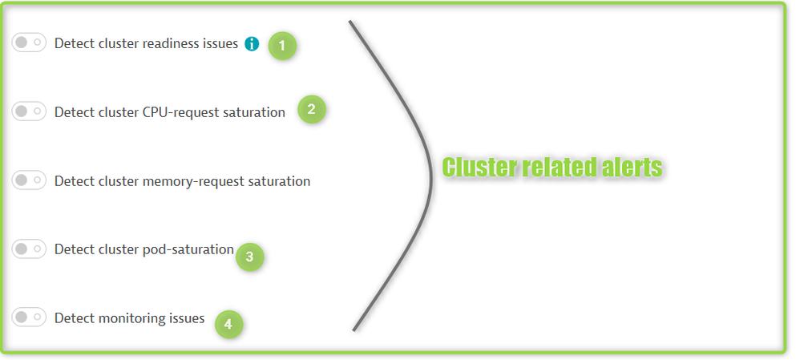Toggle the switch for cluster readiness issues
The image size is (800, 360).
(x=29, y=42)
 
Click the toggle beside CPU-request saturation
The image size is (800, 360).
(x=29, y=111)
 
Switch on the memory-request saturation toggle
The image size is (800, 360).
(x=29, y=180)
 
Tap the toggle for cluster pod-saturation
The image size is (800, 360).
(x=29, y=249)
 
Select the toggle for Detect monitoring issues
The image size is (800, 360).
(x=29, y=318)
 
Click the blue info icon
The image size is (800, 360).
(x=252, y=44)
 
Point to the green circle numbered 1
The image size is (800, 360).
(x=281, y=45)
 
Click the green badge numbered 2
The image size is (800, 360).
(x=311, y=110)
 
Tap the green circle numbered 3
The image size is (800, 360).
(x=249, y=257)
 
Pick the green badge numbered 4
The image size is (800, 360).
(x=228, y=324)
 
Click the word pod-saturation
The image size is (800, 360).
(x=194, y=249)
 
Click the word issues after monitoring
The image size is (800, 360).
(x=186, y=318)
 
